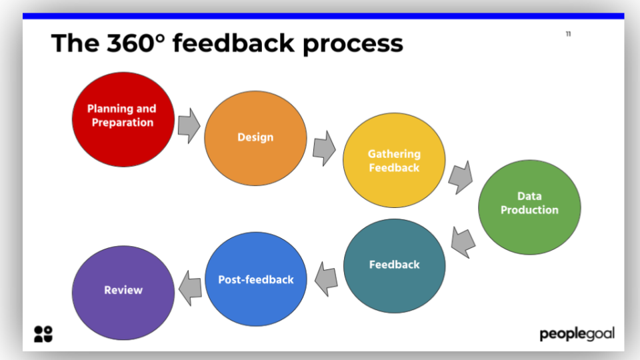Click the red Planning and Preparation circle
(123, 119)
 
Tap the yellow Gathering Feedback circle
(394, 161)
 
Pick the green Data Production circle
(529, 207)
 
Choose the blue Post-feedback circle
(256, 279)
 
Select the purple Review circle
(123, 293)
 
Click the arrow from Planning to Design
(189, 125)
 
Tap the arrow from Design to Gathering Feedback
(324, 148)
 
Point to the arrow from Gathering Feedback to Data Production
(460, 177)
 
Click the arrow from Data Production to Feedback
(463, 241)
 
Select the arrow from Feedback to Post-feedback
(326, 278)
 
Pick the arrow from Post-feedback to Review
(190, 287)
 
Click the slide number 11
(568, 34)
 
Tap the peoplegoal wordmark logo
(577, 333)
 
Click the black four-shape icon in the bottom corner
(43, 334)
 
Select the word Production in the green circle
(529, 210)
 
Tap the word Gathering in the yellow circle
(394, 154)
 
